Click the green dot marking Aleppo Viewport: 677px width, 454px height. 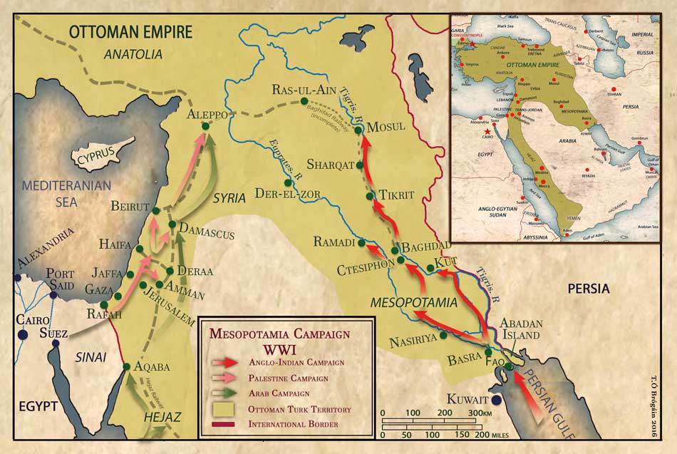[x=205, y=126]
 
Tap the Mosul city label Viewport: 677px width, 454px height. [x=386, y=127]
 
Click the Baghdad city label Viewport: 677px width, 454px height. [x=427, y=247]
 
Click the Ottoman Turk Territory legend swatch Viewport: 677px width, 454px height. [x=224, y=409]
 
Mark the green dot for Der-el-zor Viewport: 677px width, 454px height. [x=288, y=182]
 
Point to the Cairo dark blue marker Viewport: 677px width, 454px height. [x=24, y=334]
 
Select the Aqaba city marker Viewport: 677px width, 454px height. [x=127, y=366]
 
